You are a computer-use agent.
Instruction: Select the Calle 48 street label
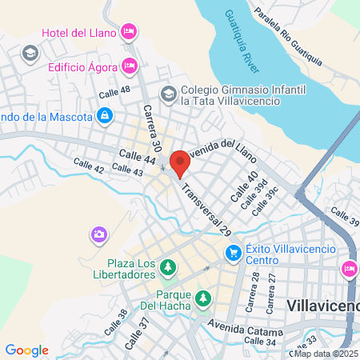[x=114, y=93]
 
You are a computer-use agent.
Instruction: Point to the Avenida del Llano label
[x=226, y=151]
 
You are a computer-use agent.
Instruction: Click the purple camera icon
[x=98, y=234]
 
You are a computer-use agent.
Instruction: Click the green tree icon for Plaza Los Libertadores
[x=168, y=266]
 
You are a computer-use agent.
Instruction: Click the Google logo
[x=26, y=350]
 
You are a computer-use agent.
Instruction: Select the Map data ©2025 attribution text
[x=326, y=353]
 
